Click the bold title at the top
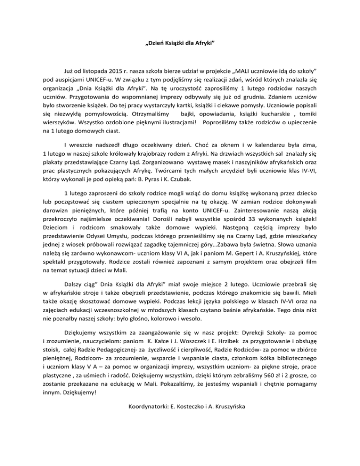pos(180,46)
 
